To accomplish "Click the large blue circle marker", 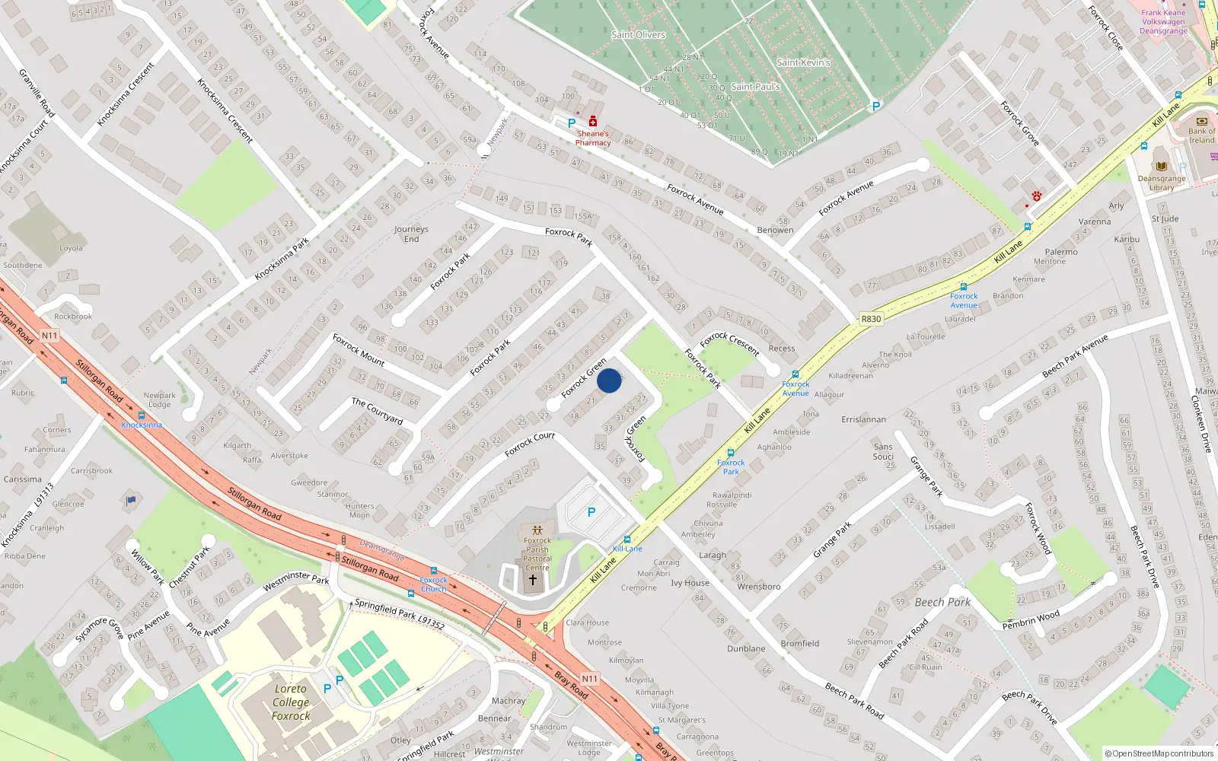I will click(x=609, y=380).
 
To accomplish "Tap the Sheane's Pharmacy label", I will click(x=593, y=138).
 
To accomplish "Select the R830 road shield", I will click(x=871, y=319).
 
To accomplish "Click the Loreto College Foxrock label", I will click(x=291, y=702).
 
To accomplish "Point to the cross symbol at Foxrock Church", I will click(x=533, y=580).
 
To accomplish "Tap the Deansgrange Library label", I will click(x=1162, y=183).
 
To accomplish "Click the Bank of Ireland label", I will click(x=1202, y=135).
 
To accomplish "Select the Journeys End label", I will click(x=411, y=234).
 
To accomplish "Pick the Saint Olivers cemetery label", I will click(x=638, y=34).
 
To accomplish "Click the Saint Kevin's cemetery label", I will click(x=803, y=62).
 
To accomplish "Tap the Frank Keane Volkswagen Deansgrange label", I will click(x=1163, y=21).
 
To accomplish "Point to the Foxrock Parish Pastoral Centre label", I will click(x=537, y=554).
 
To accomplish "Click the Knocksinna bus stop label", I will click(x=142, y=425).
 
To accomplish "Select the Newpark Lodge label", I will click(x=160, y=400).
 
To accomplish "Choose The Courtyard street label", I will click(x=377, y=410).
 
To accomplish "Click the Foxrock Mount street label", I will click(x=359, y=349).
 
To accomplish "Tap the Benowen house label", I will click(x=775, y=230).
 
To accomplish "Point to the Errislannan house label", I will click(x=863, y=419).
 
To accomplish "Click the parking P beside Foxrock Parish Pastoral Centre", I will click(x=591, y=512).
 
